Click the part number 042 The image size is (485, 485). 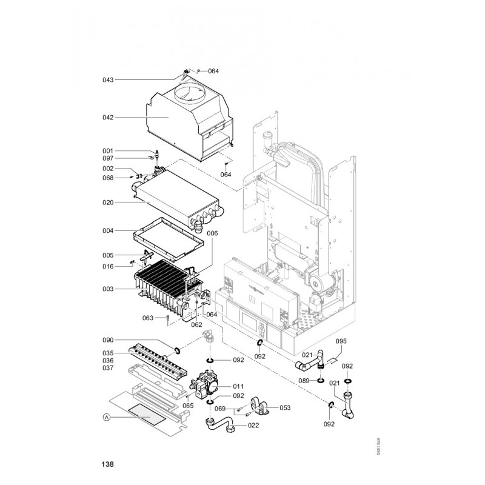[x=108, y=118]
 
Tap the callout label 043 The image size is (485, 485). [x=108, y=80]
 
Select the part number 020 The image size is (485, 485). [x=108, y=203]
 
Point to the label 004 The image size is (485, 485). [x=108, y=231]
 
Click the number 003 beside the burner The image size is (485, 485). [x=108, y=289]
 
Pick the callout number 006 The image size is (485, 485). [x=212, y=233]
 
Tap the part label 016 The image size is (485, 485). [x=108, y=266]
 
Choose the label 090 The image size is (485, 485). [x=108, y=341]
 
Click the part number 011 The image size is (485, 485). [x=238, y=386]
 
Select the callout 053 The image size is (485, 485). [x=284, y=407]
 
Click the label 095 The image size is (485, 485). [x=341, y=341]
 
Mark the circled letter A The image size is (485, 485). [x=107, y=417]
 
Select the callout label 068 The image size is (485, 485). [x=108, y=178]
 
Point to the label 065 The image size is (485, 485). [x=189, y=406]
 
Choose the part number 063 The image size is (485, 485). [x=147, y=318]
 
